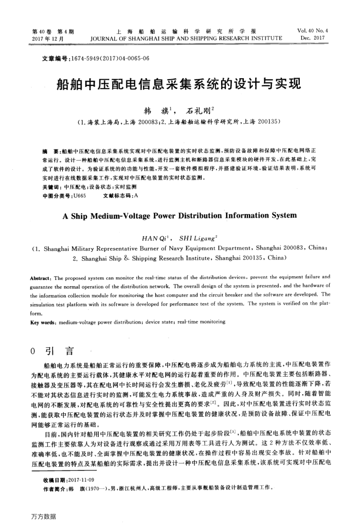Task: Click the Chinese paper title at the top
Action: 179,83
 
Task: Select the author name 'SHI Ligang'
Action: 197,238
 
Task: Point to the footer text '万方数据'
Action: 43,516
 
